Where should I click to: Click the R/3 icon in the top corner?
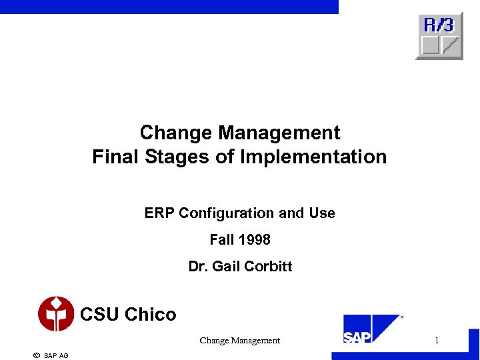[439, 36]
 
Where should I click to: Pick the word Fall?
[221, 239]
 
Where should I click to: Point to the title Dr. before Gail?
[198, 267]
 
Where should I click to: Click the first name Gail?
[225, 267]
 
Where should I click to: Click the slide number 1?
[437, 341]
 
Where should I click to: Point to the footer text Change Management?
[239, 341]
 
